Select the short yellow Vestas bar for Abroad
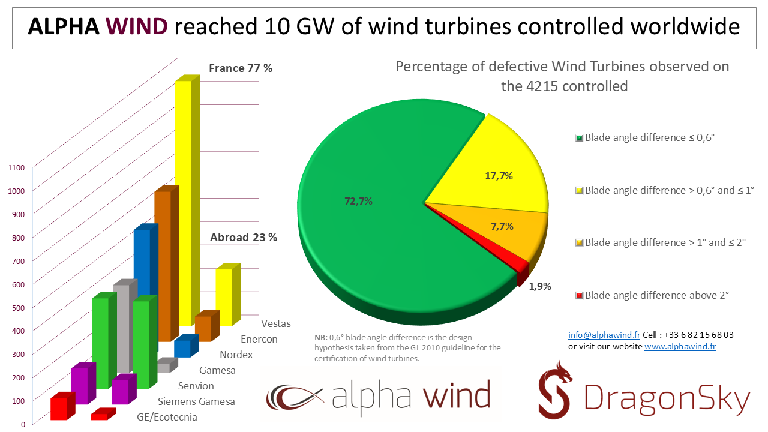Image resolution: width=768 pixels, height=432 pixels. (x=224, y=297)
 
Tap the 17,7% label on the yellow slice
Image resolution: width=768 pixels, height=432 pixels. (x=499, y=176)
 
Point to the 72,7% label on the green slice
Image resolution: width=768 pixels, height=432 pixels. (x=358, y=202)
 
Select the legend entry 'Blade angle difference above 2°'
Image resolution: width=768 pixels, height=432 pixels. (x=656, y=295)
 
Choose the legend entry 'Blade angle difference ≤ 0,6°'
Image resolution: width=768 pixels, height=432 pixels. (x=650, y=137)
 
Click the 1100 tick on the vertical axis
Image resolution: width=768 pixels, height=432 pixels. (x=16, y=168)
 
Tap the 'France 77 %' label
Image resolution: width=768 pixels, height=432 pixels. (x=241, y=68)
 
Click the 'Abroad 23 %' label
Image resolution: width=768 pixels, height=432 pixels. (x=244, y=238)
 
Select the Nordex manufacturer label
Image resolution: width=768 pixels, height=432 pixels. (x=236, y=355)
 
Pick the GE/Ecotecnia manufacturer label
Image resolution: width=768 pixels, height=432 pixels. (x=167, y=417)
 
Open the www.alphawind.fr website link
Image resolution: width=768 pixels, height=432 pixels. (x=680, y=346)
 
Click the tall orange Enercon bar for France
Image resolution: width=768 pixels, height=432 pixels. (x=162, y=264)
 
